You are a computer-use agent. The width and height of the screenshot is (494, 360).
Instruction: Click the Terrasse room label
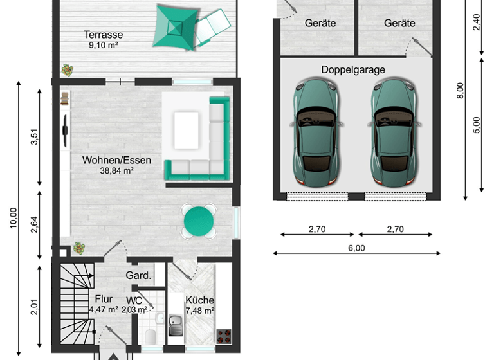[x=103, y=35]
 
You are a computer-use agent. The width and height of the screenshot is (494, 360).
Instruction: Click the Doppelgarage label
[x=353, y=69]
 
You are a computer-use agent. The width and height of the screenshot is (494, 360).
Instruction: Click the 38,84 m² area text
[x=116, y=171]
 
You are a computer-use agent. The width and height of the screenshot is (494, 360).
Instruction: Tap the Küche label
[x=199, y=300]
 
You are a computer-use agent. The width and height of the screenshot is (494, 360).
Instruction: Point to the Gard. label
[x=138, y=276]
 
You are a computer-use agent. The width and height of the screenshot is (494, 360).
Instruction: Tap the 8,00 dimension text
[x=459, y=89]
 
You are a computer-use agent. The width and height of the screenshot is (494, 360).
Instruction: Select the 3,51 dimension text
[x=34, y=138]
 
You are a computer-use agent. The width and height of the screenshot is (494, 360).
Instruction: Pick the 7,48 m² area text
[x=199, y=310]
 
